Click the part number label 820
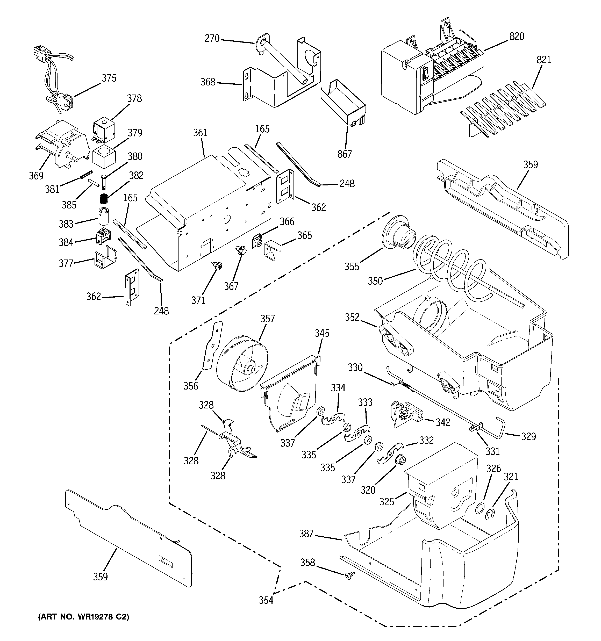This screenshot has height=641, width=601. click(517, 37)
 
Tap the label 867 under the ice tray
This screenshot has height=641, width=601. click(344, 154)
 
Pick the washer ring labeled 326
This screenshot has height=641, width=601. click(480, 508)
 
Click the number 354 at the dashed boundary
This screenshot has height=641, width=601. click(266, 600)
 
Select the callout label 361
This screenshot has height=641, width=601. click(200, 133)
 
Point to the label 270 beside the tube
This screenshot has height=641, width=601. click(212, 39)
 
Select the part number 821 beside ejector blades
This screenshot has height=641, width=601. click(544, 60)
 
